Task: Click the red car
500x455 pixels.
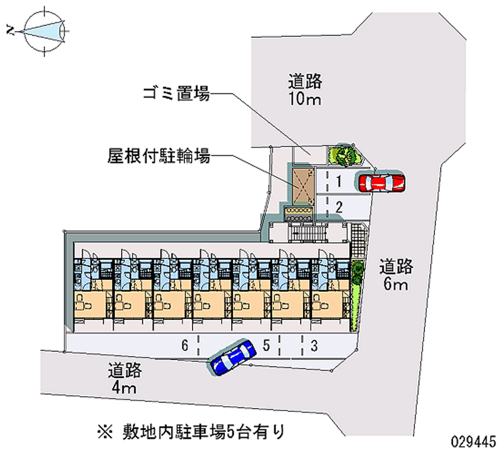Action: tap(381, 182)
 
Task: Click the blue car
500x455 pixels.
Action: tap(232, 357)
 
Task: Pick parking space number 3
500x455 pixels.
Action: tap(315, 345)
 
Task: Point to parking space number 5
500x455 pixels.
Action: tap(267, 345)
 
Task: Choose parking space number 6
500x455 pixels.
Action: tap(185, 345)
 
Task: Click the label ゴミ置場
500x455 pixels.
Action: tap(176, 95)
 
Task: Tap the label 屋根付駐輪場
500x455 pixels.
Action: tap(158, 155)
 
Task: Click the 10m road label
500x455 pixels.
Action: tap(305, 89)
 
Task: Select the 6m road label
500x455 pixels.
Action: tap(396, 276)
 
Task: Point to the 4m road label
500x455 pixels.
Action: tap(124, 378)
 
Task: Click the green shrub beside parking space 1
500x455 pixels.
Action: tap(343, 153)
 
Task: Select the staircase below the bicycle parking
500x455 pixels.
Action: tap(306, 232)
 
